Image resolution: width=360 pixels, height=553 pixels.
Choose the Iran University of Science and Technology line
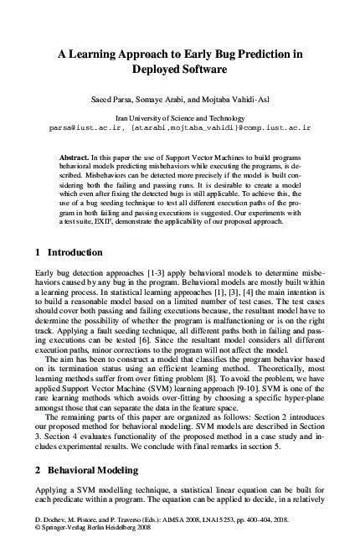(180, 120)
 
